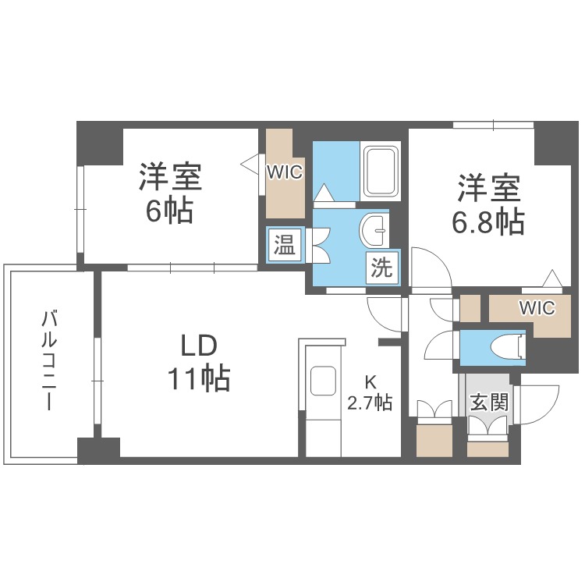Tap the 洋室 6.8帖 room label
(x=489, y=204)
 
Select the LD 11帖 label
(x=199, y=362)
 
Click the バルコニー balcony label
(x=49, y=360)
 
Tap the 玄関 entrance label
(x=489, y=402)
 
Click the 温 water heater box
(x=285, y=244)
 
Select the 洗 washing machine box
(x=381, y=267)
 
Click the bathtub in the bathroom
(x=380, y=172)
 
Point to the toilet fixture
(x=509, y=347)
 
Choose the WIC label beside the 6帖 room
(x=284, y=172)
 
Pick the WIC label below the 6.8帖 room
(x=537, y=308)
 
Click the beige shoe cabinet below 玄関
(x=487, y=448)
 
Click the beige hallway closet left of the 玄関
(x=434, y=441)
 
